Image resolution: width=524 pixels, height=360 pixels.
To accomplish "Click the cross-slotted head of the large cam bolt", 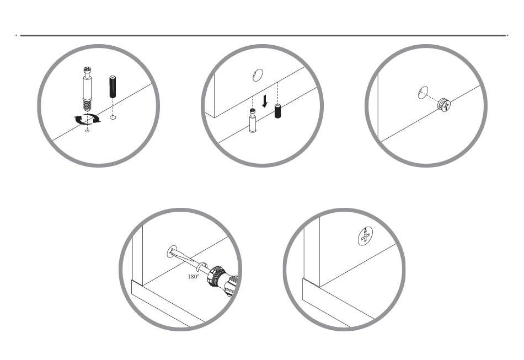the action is point(87,71).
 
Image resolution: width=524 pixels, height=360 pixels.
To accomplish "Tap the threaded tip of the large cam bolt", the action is point(87,105).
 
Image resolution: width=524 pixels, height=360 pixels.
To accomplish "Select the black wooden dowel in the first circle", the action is point(113,87).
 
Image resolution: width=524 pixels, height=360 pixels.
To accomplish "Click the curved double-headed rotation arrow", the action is point(87,119).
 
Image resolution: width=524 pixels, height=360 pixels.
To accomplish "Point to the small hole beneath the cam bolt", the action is point(87,131).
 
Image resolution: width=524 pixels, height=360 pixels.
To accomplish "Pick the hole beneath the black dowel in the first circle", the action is point(113,117).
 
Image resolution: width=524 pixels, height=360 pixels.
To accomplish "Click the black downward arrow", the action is point(265,101).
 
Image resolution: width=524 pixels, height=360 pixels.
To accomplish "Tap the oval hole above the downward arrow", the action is point(258,75).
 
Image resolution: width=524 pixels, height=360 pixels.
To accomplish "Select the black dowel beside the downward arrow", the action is point(277,111).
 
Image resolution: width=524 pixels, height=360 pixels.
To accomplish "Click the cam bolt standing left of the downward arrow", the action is point(253,121).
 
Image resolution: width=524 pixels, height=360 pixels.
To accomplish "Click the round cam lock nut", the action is point(444,105).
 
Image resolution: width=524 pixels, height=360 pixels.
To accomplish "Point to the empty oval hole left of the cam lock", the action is point(423,93).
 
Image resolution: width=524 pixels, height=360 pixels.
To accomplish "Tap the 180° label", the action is point(193,277).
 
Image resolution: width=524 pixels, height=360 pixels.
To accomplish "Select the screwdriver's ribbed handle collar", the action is point(215,276).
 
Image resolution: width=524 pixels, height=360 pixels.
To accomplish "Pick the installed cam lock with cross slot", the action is point(365,236).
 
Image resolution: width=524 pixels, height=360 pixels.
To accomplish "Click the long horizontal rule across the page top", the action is point(263,35).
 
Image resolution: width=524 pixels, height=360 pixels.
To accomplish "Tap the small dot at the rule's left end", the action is point(16,35).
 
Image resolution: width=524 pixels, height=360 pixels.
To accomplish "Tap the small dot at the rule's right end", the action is point(507,35).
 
